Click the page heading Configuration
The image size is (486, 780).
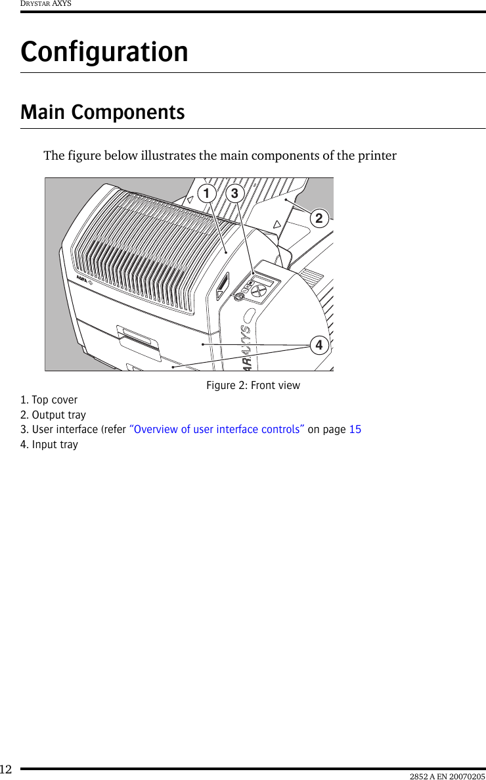(104, 52)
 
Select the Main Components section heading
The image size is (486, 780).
(102, 112)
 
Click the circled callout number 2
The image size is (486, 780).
(319, 218)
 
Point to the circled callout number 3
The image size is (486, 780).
(234, 194)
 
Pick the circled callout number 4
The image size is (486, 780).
(319, 345)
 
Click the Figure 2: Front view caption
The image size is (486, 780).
(253, 386)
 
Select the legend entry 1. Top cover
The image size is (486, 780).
(49, 400)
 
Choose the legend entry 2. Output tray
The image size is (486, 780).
(53, 415)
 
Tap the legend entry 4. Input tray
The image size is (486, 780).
(49, 445)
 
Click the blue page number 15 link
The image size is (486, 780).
(355, 430)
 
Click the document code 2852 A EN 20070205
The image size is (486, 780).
(447, 776)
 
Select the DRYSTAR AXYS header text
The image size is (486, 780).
(45, 4)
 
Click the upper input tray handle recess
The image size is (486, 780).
(136, 336)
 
